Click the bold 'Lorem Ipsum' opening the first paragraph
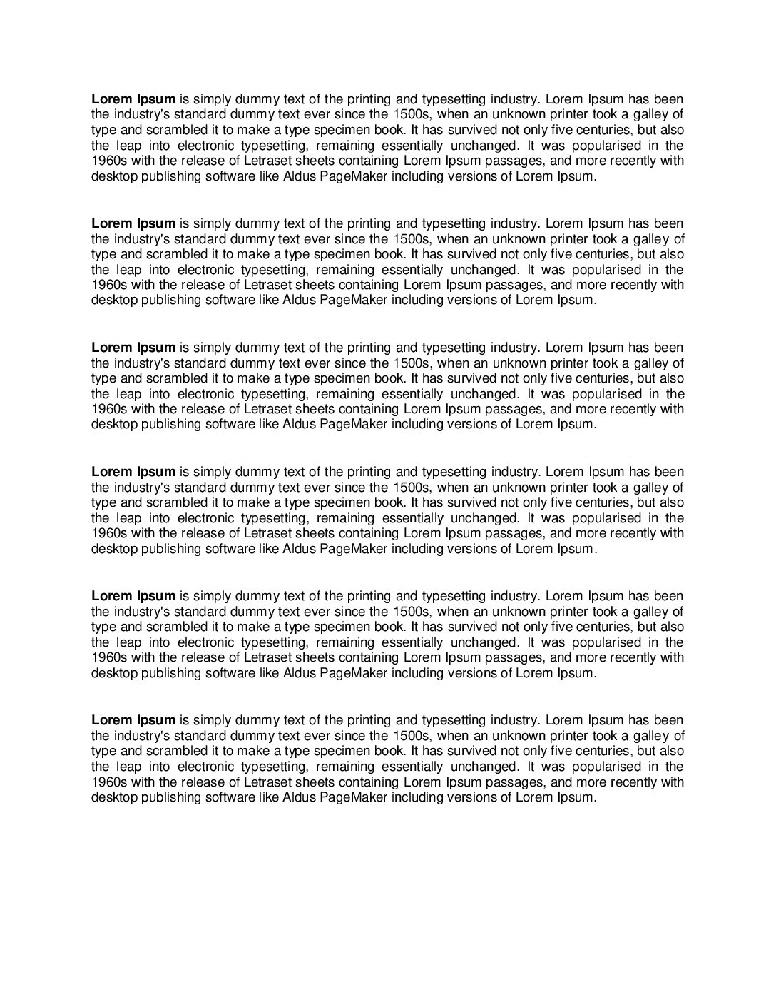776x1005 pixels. click(133, 99)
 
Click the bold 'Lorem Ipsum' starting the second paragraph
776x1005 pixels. click(133, 223)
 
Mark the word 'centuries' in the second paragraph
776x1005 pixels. click(603, 254)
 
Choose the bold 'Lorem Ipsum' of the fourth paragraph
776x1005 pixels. click(133, 472)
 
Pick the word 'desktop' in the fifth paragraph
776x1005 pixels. click(114, 673)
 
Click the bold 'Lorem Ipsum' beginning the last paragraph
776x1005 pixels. click(133, 720)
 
